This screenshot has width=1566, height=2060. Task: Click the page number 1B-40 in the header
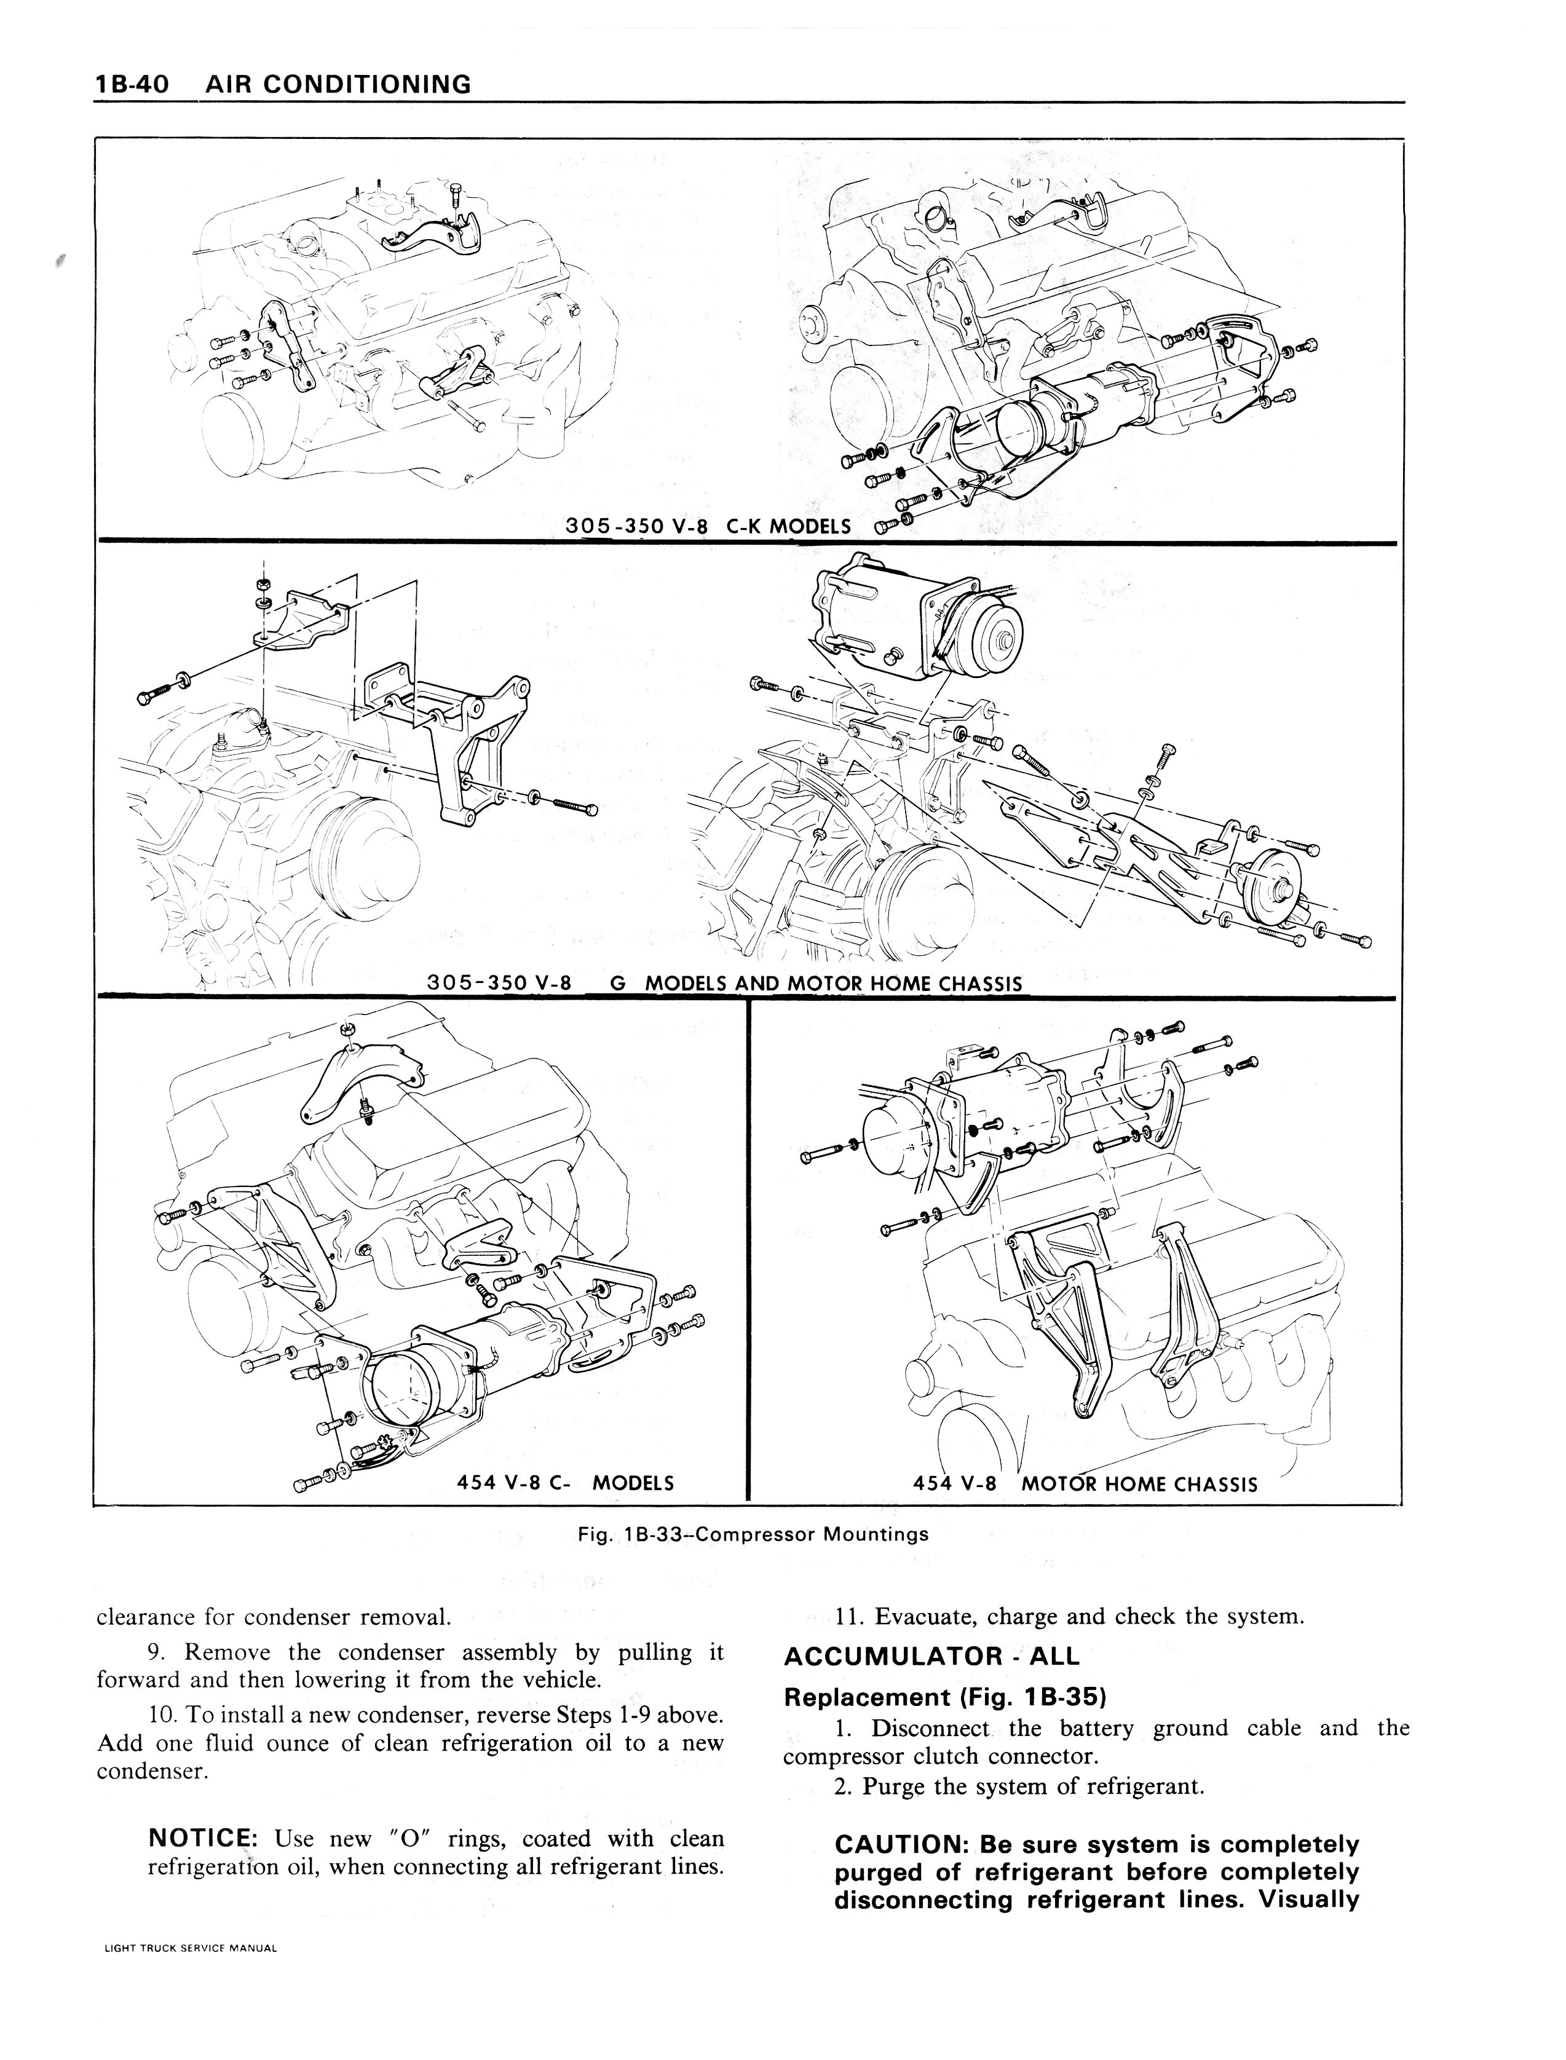pyautogui.click(x=132, y=85)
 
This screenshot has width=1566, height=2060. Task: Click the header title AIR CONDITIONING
pyautogui.click(x=338, y=85)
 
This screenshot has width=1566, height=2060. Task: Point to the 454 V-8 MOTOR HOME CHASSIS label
pyautogui.click(x=1086, y=1484)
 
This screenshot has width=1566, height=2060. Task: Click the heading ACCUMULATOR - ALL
pyautogui.click(x=931, y=1656)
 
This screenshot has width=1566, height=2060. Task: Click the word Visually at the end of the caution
pyautogui.click(x=1309, y=1900)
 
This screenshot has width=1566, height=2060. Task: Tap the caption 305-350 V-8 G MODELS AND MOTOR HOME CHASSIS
pyautogui.click(x=724, y=984)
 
